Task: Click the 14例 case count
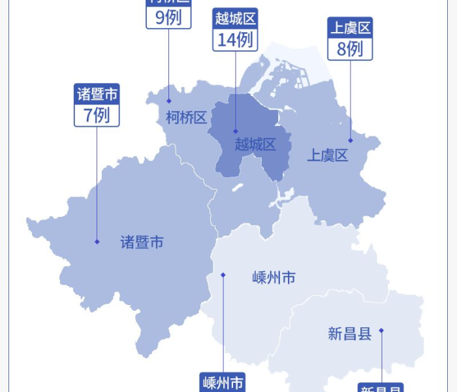coord(235,39)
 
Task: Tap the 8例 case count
coord(350,49)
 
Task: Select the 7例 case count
coord(97,115)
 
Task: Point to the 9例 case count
coord(168,18)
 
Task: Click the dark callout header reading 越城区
coord(235,18)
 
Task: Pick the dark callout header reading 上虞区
coord(350,28)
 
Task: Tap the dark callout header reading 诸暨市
coord(97,93)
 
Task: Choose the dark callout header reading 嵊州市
coord(223,383)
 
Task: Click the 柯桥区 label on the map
coord(186,118)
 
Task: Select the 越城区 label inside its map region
coord(255,144)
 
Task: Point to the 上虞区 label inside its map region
coord(328,155)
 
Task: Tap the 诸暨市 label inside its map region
coord(142,242)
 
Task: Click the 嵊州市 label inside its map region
coord(274,278)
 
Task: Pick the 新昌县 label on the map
coord(349,334)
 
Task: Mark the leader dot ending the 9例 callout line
coord(168,101)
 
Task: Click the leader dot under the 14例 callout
coord(236,131)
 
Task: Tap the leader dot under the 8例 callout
coord(351,140)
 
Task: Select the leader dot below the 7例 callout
coord(97,242)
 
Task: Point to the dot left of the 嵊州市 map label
coord(223,275)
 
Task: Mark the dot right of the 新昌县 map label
coord(381,331)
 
